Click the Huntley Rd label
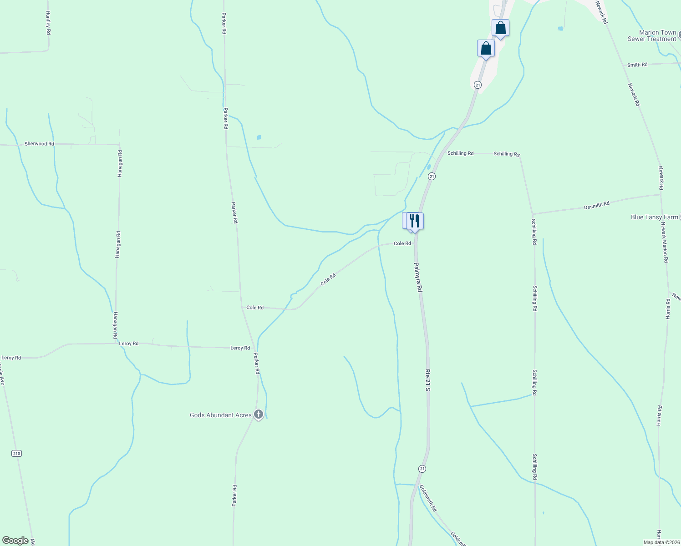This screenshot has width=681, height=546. (48, 23)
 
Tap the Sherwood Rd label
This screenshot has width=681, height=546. (39, 144)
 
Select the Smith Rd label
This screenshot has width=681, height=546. (637, 65)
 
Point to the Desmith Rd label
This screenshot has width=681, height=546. (596, 205)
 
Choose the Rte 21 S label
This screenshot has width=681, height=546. (427, 379)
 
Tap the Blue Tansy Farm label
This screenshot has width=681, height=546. (654, 217)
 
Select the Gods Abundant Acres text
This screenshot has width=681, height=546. (221, 415)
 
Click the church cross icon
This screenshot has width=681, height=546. (259, 415)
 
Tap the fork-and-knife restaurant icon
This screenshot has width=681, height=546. (415, 221)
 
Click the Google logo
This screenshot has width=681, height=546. (15, 541)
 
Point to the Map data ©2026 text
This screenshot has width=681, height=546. (661, 542)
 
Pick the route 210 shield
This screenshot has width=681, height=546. (17, 454)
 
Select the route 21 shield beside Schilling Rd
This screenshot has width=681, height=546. (432, 176)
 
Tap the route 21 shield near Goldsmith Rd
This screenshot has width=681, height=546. (422, 469)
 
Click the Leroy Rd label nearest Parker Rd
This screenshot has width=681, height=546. (240, 348)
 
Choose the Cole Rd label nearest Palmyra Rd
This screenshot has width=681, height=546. (402, 243)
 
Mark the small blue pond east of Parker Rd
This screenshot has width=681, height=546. (259, 137)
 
